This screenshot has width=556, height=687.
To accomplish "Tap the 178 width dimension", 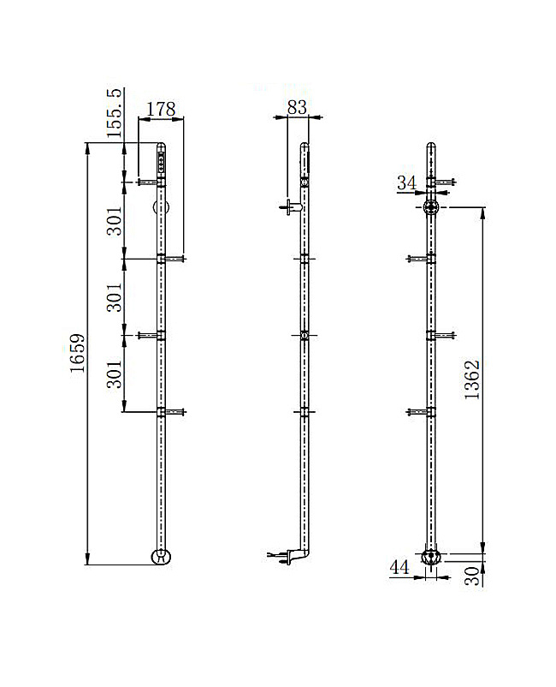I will (x=161, y=110).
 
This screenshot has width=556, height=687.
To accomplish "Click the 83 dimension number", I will (x=297, y=107).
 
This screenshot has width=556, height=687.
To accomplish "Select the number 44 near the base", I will (x=399, y=566).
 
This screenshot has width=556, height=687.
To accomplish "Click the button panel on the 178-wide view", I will (x=162, y=161).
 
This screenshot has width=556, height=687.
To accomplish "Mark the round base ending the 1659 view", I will (x=160, y=557).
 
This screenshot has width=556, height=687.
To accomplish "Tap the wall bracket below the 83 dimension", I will (x=291, y=206).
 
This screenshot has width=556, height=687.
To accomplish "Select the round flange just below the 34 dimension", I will (x=432, y=206).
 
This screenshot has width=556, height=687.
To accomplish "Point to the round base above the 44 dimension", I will (x=432, y=558).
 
